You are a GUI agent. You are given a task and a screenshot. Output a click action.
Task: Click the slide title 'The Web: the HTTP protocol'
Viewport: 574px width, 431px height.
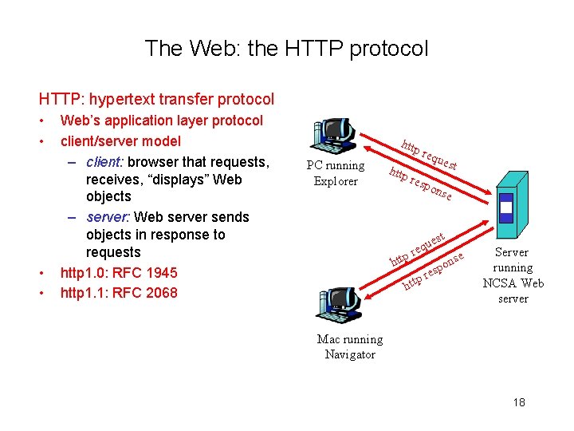286,49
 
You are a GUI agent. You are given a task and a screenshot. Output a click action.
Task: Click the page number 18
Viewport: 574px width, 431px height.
519,402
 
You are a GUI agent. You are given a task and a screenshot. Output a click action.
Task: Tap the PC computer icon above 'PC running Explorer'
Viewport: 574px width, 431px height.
335,136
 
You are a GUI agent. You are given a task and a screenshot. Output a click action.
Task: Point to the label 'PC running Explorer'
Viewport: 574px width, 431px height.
336,173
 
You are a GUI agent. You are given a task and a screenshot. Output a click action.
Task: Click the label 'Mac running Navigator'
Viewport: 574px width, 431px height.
350,347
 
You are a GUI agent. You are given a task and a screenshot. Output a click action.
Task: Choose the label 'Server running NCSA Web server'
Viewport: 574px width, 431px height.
513,275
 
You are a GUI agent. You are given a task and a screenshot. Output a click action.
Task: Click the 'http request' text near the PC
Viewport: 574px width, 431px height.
429,154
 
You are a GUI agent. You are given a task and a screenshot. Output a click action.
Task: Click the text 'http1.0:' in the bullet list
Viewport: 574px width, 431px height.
88,273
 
